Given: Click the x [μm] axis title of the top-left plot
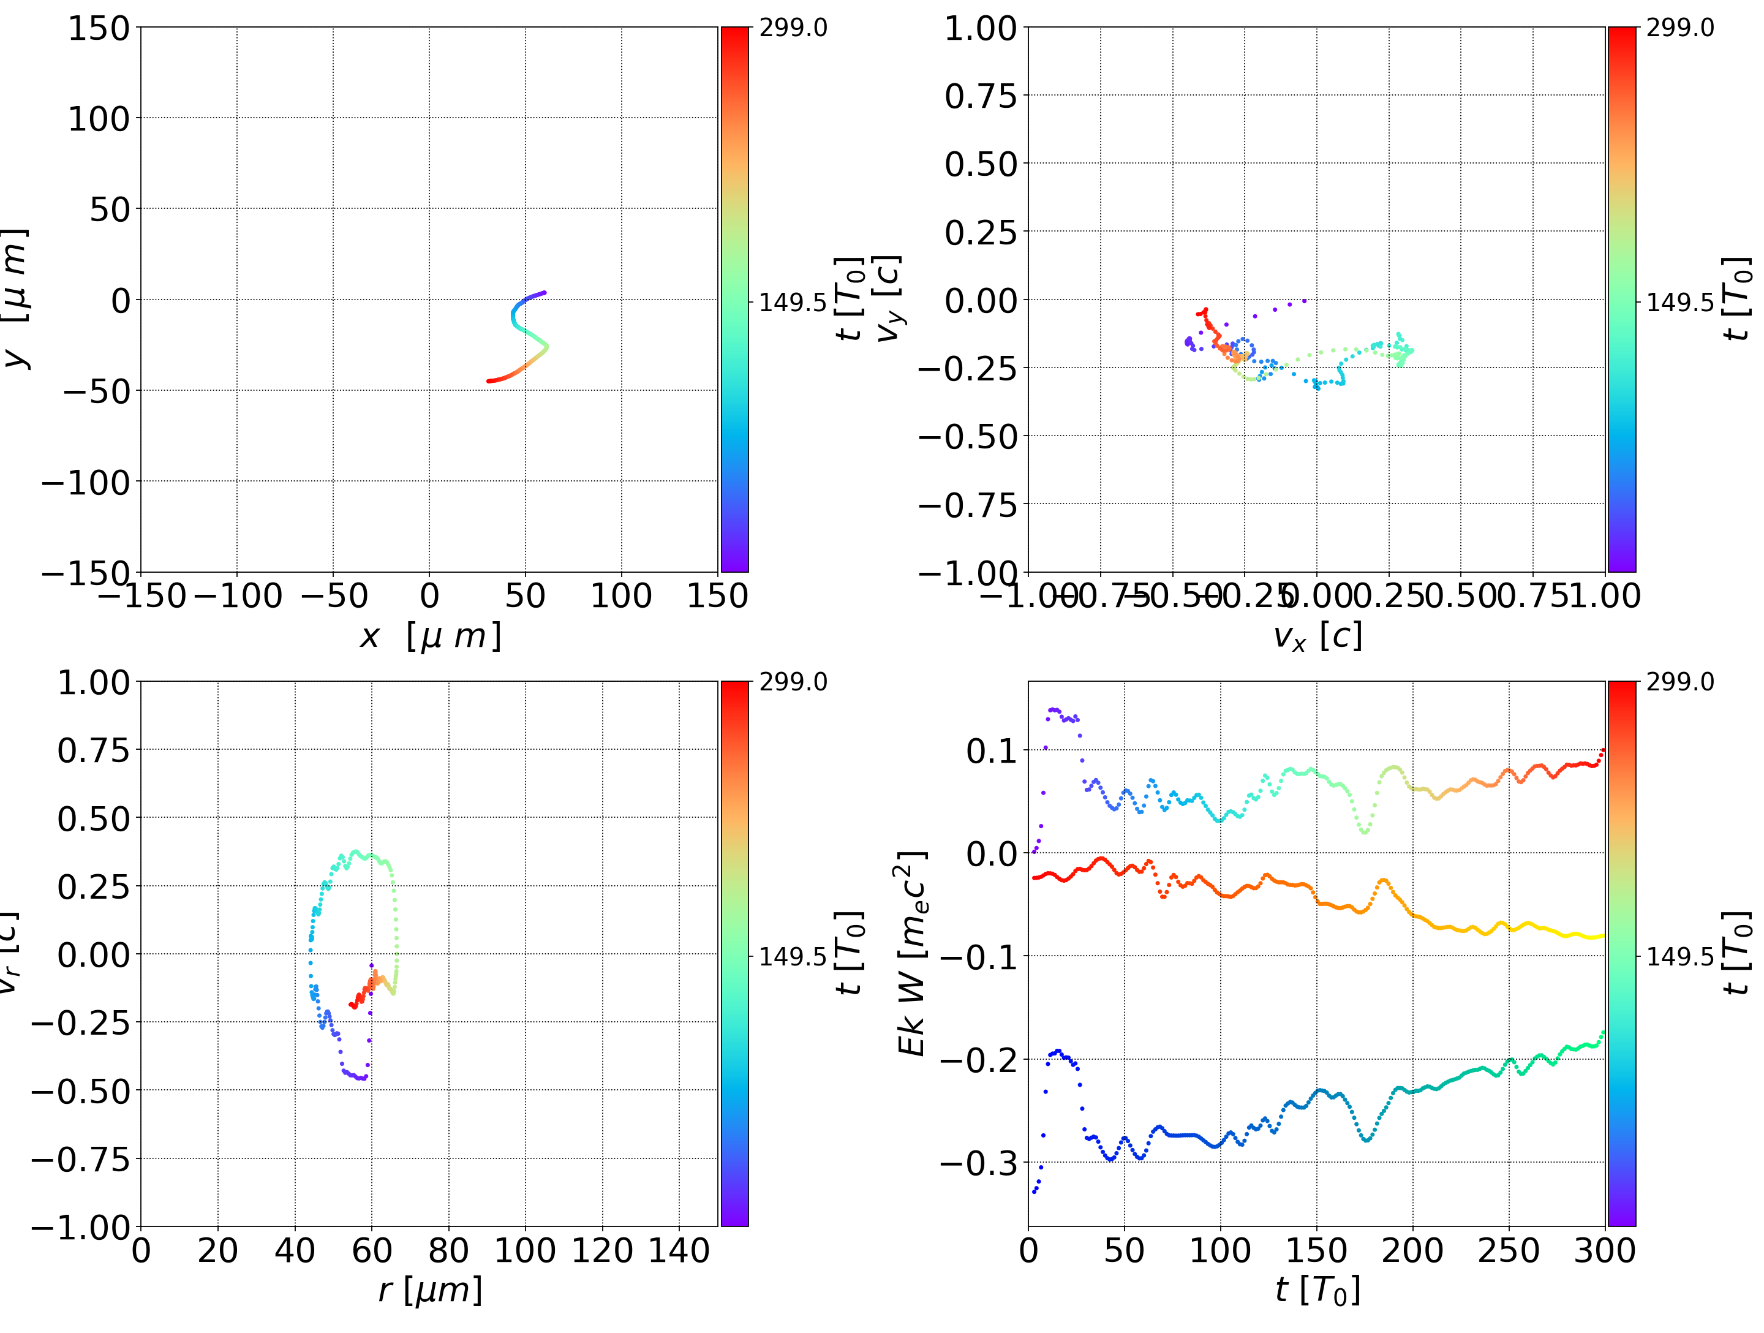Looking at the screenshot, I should [430, 636].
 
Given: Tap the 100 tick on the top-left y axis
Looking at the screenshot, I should [98, 119].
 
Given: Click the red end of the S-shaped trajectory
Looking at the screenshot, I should [489, 381].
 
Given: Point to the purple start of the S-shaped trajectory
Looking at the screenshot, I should [545, 293].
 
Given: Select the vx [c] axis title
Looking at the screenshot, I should [1317, 636].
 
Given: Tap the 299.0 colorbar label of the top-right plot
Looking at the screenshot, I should [1679, 28].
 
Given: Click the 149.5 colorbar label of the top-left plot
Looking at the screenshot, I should [793, 303].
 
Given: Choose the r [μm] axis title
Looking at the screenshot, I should [430, 1290].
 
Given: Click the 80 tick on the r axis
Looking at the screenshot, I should [448, 1251].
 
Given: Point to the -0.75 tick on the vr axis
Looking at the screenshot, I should [80, 1159].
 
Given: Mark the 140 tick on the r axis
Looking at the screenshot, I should [679, 1251].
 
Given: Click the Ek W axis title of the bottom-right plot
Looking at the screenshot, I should [911, 953].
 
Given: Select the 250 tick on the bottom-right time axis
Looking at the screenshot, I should [1508, 1251].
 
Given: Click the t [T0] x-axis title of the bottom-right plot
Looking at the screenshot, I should [1317, 1290].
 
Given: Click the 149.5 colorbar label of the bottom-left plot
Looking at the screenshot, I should [793, 956].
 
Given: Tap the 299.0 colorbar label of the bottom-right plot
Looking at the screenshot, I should [1679, 682].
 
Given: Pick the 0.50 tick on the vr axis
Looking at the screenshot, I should [92, 818].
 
